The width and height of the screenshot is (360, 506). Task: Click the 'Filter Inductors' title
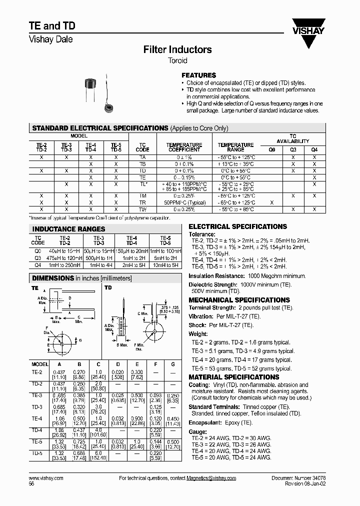[177, 49]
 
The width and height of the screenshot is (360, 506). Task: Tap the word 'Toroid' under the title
[177, 61]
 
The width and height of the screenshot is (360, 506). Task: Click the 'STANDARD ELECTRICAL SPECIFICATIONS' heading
[100, 128]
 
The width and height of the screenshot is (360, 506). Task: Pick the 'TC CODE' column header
[142, 147]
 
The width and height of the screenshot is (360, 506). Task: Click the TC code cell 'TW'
[142, 209]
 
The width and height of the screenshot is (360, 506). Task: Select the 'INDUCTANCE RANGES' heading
[61, 229]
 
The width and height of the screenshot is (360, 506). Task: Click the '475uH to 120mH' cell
[65, 257]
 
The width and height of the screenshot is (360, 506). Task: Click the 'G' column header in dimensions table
[172, 364]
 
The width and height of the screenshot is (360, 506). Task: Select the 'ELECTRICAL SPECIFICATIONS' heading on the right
[237, 226]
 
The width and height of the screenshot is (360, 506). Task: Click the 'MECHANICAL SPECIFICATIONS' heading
[239, 300]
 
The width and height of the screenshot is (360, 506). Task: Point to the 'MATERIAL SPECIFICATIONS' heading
[233, 377]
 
